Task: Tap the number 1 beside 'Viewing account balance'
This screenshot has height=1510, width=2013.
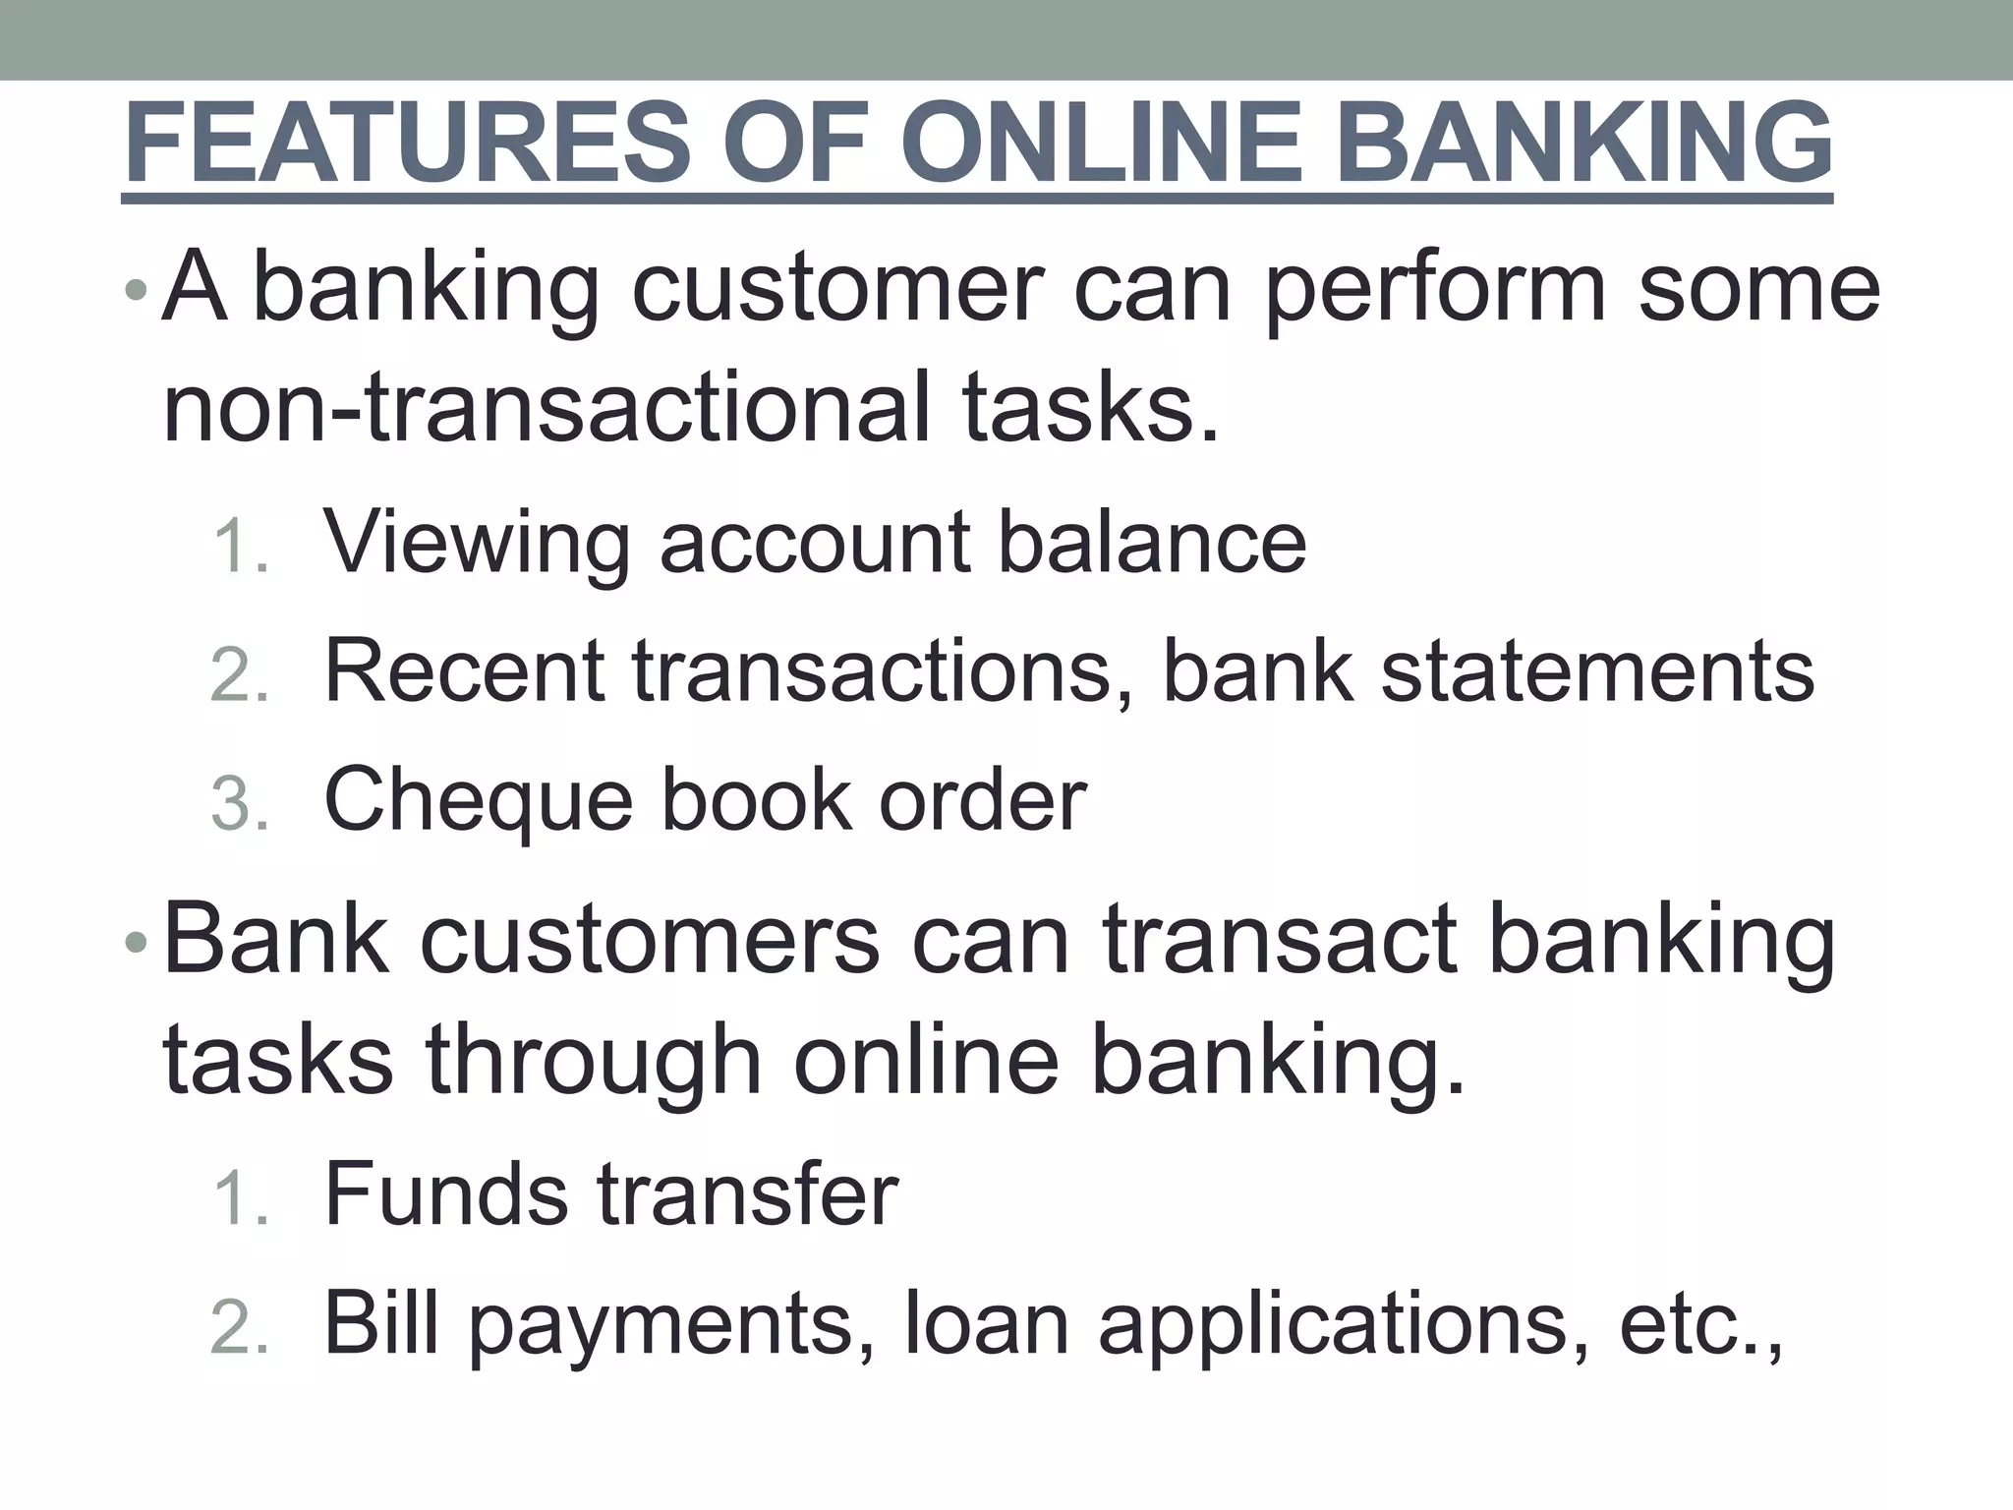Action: [237, 546]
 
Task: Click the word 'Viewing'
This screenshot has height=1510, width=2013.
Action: [478, 544]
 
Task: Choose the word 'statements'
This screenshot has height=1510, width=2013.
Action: [1597, 671]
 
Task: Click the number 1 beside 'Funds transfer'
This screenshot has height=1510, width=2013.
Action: [237, 1198]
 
